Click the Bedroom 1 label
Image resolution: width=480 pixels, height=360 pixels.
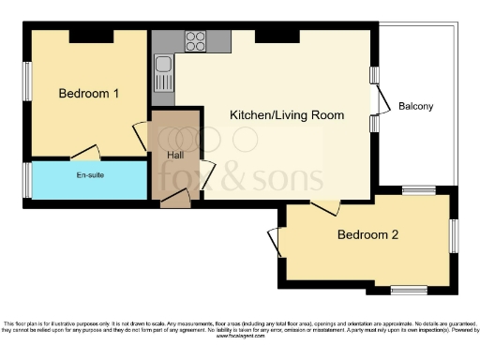click(89, 94)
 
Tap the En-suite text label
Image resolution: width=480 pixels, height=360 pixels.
click(90, 175)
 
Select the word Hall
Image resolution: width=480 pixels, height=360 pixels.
click(175, 156)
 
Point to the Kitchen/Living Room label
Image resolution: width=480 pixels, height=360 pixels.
click(287, 115)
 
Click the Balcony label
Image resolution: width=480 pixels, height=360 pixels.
click(415, 106)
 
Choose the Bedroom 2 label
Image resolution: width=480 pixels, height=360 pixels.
click(367, 234)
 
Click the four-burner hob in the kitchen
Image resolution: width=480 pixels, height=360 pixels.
click(196, 41)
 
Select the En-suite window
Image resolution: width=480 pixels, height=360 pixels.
click(28, 180)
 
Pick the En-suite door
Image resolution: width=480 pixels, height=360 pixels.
click(86, 153)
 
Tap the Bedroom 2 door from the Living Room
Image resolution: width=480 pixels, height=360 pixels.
click(325, 205)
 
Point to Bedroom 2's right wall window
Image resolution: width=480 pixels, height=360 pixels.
click(454, 236)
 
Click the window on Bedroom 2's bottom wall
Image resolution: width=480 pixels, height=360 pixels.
click(410, 289)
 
